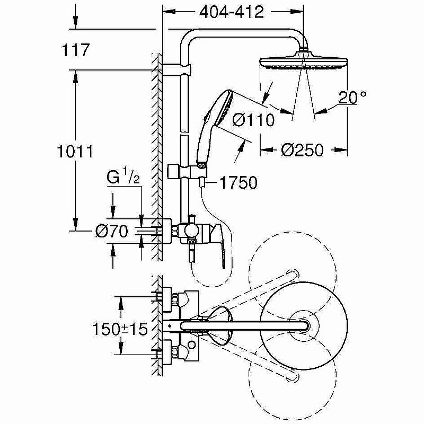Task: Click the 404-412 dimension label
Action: point(232,13)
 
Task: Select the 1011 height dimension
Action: point(76,152)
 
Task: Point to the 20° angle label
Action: point(353,97)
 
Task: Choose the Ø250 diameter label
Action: point(302,150)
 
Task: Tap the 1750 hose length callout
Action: point(238,183)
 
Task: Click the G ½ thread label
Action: point(123,178)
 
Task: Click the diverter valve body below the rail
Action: point(190,231)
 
